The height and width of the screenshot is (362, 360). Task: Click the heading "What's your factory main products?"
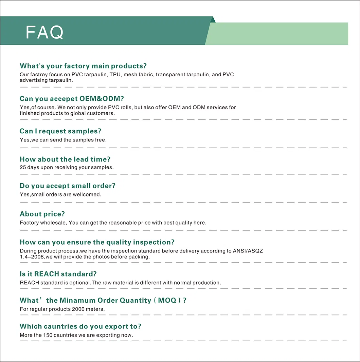click(83, 66)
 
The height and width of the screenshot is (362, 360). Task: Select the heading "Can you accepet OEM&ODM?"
click(72, 99)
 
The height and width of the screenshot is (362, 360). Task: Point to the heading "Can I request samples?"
click(60, 131)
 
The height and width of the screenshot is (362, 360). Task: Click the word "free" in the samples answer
click(101, 140)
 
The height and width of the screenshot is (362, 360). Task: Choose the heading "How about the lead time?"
click(65, 159)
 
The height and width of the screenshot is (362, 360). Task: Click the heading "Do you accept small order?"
click(68, 186)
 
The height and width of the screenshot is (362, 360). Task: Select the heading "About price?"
click(42, 214)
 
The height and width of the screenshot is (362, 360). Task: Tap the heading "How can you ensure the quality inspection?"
click(97, 242)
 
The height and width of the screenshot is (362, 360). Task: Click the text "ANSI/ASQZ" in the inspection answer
click(248, 251)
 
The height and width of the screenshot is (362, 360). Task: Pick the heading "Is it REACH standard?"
click(58, 274)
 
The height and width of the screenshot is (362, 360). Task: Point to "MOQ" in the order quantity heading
click(167, 300)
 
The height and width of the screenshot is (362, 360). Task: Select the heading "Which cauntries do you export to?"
click(80, 326)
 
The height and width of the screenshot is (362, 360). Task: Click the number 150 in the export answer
click(47, 335)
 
